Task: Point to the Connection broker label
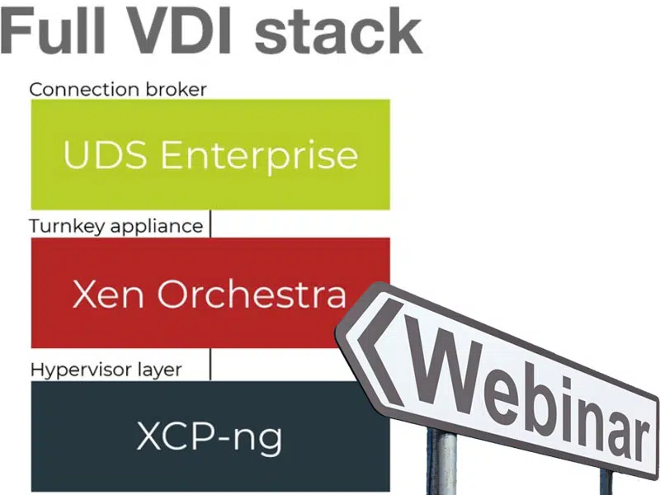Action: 118,89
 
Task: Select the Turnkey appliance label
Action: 115,226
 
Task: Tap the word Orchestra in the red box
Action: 252,295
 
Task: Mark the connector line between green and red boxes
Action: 210,224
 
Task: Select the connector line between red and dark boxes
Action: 210,364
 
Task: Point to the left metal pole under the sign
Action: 446,462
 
